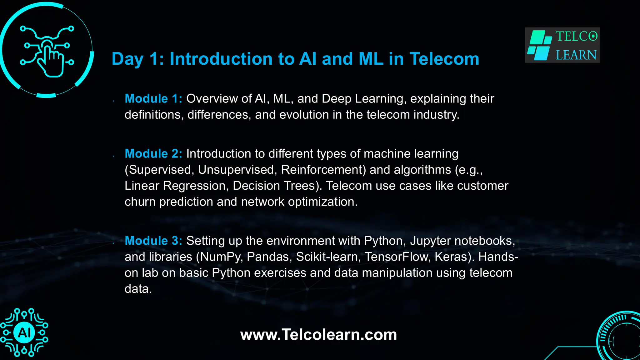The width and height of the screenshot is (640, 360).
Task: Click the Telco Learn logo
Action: click(x=562, y=45)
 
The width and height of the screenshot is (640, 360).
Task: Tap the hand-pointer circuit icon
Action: click(x=47, y=50)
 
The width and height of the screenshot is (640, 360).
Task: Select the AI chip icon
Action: click(x=24, y=332)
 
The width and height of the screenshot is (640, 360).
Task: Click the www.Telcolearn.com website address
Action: click(x=318, y=335)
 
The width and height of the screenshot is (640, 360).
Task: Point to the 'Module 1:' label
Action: click(x=153, y=99)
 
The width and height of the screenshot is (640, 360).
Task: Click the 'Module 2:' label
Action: click(x=153, y=154)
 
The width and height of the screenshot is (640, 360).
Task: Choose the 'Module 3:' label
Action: click(x=153, y=241)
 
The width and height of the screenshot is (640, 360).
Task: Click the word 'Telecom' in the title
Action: click(x=444, y=59)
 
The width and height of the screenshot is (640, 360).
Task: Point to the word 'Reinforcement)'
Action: click(x=323, y=170)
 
